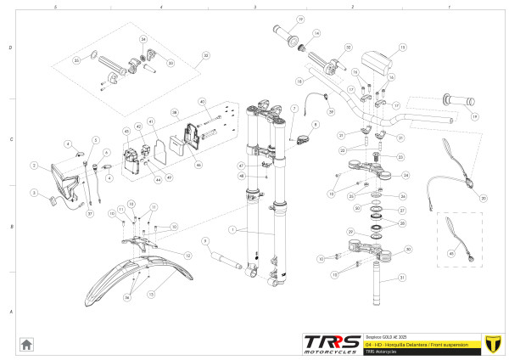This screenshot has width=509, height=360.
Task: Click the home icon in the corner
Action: (x=26, y=344)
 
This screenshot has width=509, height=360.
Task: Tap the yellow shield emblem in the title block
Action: (x=489, y=343)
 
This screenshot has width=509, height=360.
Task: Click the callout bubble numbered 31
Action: (x=403, y=278)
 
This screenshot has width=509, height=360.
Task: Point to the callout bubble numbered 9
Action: (x=205, y=240)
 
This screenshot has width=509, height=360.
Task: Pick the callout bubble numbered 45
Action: (x=450, y=252)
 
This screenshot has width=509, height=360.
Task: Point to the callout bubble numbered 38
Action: (x=175, y=112)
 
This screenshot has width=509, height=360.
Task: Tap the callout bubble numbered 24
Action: (x=405, y=176)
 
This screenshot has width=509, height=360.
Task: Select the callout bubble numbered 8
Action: (x=316, y=125)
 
